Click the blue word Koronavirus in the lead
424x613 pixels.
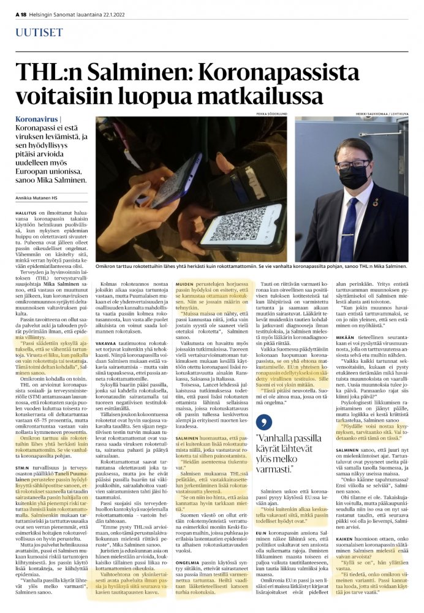pyautogui.click(x=42, y=117)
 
